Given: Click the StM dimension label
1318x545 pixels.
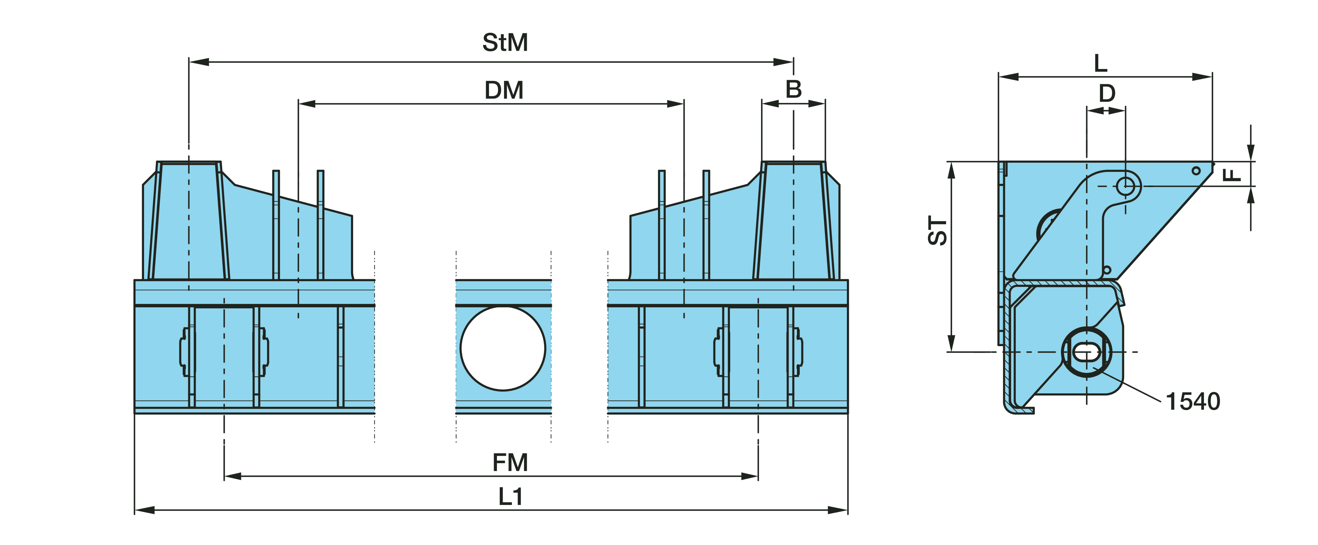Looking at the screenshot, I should (x=505, y=42).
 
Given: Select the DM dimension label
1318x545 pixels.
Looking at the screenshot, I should (x=504, y=91).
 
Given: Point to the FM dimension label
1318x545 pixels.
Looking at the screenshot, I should (x=510, y=463).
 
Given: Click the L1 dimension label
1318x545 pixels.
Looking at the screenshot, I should (x=511, y=496).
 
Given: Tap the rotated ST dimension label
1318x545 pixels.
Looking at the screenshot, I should (x=938, y=231).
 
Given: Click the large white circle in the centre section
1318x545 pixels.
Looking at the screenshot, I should (x=503, y=348).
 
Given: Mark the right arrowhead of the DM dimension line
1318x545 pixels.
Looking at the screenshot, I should (x=675, y=104).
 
